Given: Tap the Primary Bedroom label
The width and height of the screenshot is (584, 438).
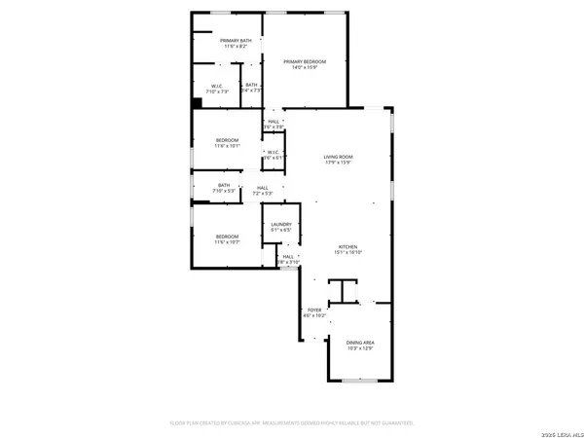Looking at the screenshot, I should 305,61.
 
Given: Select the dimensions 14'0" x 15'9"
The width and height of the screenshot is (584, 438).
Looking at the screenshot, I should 305,67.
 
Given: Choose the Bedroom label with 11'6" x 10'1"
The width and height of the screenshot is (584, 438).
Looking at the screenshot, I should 226,140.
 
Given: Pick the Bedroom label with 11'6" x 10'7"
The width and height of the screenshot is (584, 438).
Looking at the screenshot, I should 226,236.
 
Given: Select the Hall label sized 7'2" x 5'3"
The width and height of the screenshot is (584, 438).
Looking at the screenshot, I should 263,188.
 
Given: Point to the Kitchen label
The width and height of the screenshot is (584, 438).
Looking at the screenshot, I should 348,246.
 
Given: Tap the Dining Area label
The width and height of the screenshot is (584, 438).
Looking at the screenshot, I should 360,342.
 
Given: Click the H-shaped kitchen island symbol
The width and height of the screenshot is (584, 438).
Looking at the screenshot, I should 343,290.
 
